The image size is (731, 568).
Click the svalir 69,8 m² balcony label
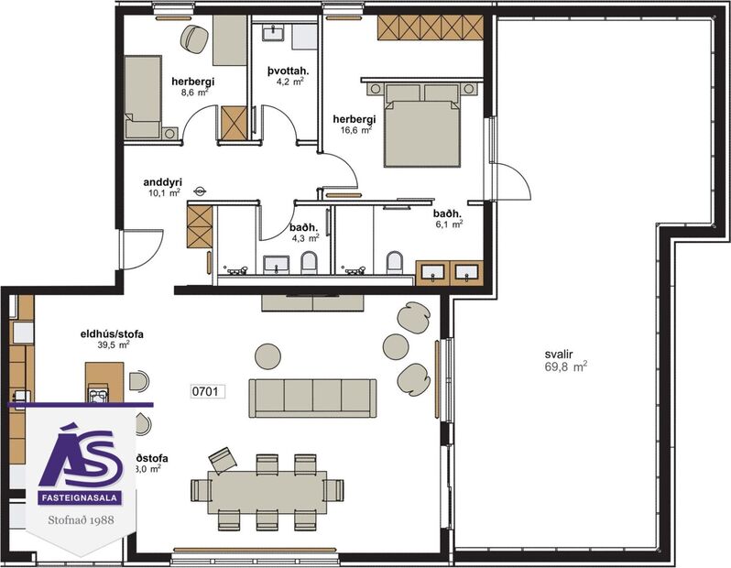coord(559,357)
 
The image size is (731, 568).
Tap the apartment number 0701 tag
coord(206,390)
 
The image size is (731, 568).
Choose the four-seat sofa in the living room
coord(313,396)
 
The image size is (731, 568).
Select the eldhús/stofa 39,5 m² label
coord(112,340)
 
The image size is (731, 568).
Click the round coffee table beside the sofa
coord(267,355)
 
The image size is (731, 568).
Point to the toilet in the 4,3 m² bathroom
coord(308,264)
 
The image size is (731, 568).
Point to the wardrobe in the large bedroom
coord(429,27)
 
